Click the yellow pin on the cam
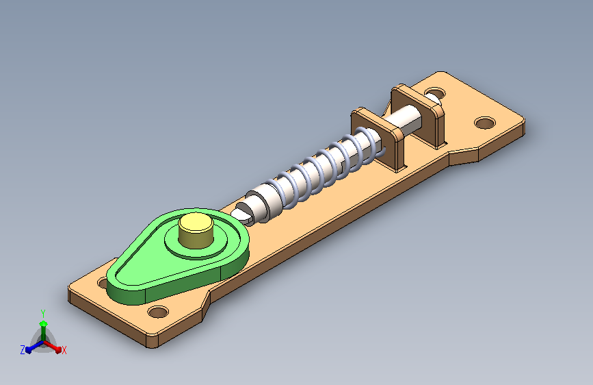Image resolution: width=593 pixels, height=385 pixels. click(196, 230)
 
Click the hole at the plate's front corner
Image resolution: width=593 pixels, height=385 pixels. click(158, 312)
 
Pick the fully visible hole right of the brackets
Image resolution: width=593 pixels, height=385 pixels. click(485, 123)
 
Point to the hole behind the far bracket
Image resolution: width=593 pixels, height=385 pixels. click(435, 93)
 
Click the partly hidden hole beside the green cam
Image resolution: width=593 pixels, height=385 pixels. click(103, 282)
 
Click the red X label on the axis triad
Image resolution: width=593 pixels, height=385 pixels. click(64, 350)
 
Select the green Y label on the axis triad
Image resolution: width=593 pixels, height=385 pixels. click(43, 314)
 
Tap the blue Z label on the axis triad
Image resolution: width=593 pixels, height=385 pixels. click(23, 350)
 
